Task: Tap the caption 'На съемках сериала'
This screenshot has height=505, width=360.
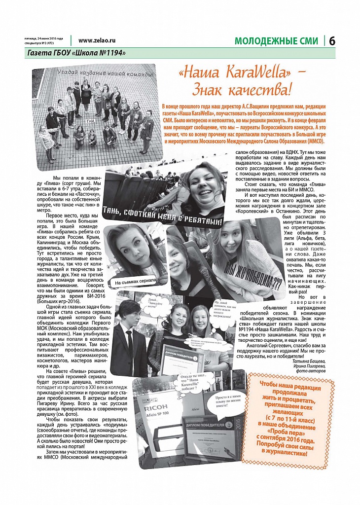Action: (135, 282)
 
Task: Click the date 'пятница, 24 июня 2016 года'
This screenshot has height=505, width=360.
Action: (44, 38)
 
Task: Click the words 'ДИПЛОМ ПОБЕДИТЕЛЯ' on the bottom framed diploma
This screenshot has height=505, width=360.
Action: (203, 425)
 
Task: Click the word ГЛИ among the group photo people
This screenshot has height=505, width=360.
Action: (90, 120)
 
